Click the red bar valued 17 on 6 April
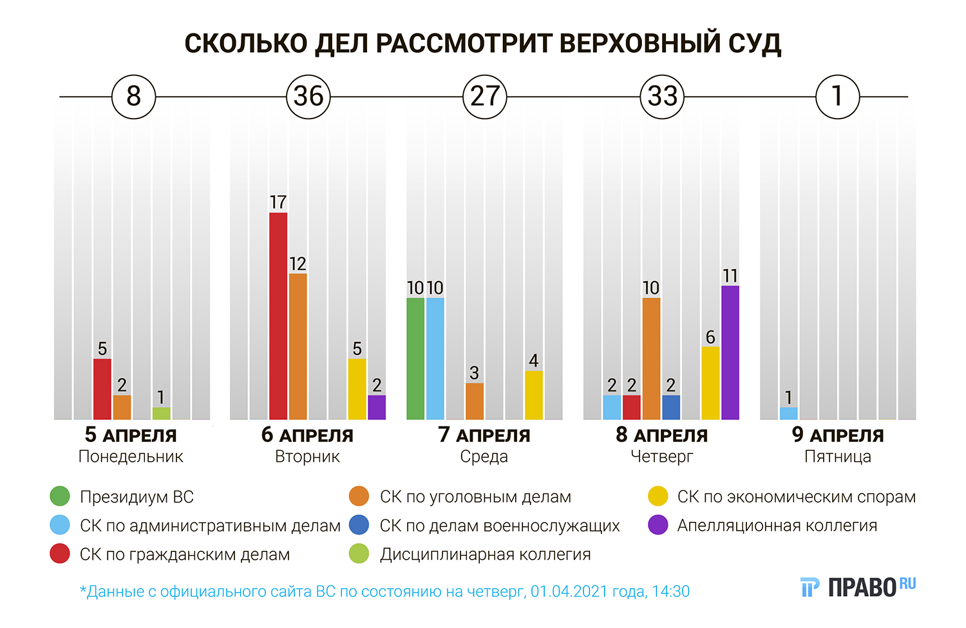pos(278,316)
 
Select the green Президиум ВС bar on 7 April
pos(415,358)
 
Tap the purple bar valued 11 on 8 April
pos(730,352)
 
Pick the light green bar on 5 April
pos(161,413)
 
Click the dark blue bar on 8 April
pos(670,407)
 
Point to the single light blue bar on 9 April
pos(788,413)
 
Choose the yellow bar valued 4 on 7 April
pos(533,395)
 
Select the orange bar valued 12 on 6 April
pos(298,347)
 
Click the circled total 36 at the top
pos(308,97)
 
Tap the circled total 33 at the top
pos(662,97)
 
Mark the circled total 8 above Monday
pos(133,97)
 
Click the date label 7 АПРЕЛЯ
pos(484,435)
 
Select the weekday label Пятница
pos(837,457)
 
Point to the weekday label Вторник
pos(307,457)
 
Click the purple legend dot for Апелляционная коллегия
pos(658,525)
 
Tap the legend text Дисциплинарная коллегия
pos(485,554)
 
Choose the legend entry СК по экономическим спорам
pos(796,497)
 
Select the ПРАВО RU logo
pos(858,586)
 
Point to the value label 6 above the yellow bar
pos(710,337)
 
